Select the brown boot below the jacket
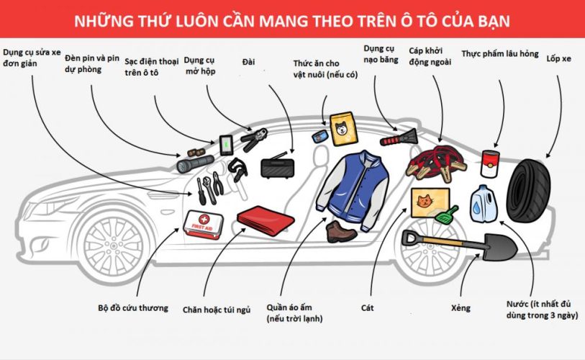click(x=340, y=232)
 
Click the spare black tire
click(x=529, y=189)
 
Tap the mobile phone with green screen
click(x=226, y=145)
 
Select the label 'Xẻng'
click(x=461, y=308)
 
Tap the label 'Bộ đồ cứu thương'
click(x=133, y=308)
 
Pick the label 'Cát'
click(x=367, y=308)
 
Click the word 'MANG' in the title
click(x=286, y=22)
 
